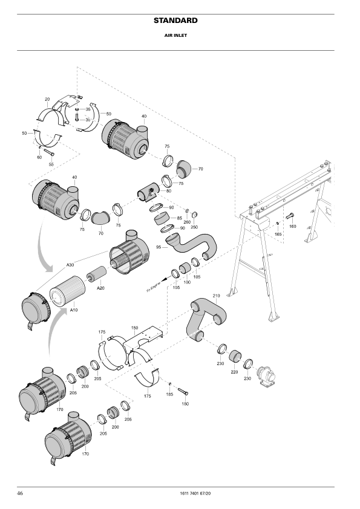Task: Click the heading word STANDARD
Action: click(x=175, y=21)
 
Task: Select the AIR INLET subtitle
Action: click(x=175, y=36)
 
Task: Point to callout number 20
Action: click(x=47, y=99)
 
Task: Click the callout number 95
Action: click(x=159, y=247)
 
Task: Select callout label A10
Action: click(x=73, y=310)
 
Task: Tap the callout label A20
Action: click(x=101, y=288)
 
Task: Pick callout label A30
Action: click(x=70, y=265)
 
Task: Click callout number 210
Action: click(x=216, y=296)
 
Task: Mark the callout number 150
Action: click(x=135, y=327)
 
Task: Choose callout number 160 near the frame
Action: click(x=292, y=226)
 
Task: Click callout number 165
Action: click(x=278, y=233)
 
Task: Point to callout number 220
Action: click(x=234, y=373)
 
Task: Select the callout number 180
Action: click(x=185, y=403)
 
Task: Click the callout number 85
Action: click(x=180, y=218)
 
